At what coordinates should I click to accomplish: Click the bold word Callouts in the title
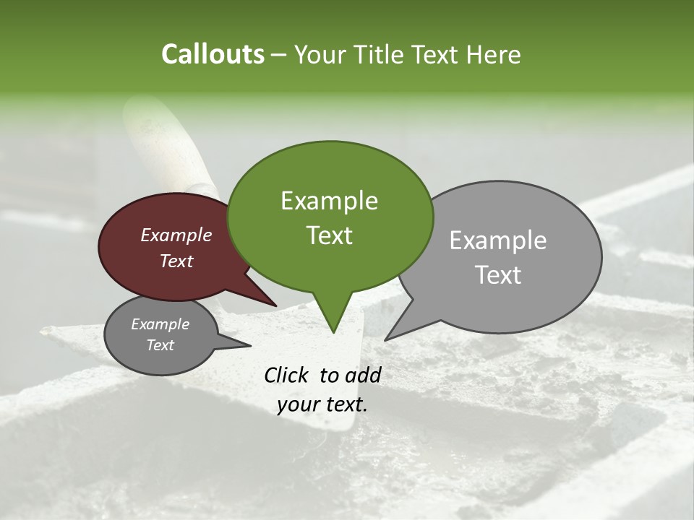pos(213,54)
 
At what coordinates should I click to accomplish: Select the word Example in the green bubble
pos(329,201)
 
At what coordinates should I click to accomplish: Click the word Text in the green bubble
pos(329,235)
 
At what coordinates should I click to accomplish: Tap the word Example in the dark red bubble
pos(176,235)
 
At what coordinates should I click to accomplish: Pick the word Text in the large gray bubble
pos(499,275)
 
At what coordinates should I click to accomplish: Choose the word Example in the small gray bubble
pos(160,324)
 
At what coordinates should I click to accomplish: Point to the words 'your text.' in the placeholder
pos(322,404)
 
